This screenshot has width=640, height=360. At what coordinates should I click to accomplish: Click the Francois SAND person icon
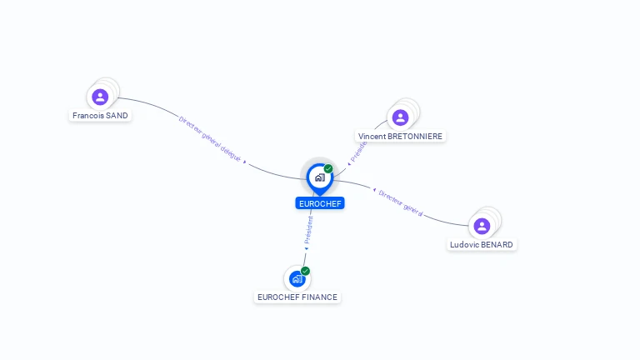click(100, 97)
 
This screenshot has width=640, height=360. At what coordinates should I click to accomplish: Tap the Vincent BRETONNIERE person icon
click(400, 117)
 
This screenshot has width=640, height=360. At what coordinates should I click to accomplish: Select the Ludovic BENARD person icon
click(482, 226)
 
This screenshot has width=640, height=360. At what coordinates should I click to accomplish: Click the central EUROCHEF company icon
click(319, 177)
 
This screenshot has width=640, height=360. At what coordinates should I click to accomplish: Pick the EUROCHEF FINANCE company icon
click(297, 279)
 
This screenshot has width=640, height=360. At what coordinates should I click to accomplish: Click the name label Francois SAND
click(100, 116)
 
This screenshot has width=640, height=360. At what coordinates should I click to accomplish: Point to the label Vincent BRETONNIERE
click(401, 136)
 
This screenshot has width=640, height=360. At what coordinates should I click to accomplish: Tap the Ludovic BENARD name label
click(482, 245)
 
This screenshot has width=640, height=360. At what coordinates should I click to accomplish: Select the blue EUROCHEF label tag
click(320, 203)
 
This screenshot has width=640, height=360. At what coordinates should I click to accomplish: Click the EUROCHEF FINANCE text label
click(297, 297)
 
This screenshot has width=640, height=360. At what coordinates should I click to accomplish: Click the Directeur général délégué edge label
click(210, 138)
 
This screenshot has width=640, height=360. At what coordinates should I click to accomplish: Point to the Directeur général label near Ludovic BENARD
click(400, 202)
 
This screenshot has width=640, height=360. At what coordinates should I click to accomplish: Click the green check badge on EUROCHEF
click(328, 169)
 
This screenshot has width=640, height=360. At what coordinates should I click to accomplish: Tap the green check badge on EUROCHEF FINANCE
click(305, 271)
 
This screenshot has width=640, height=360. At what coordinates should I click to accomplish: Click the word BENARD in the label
click(497, 245)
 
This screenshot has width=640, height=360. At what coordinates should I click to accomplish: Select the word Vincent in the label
click(372, 136)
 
